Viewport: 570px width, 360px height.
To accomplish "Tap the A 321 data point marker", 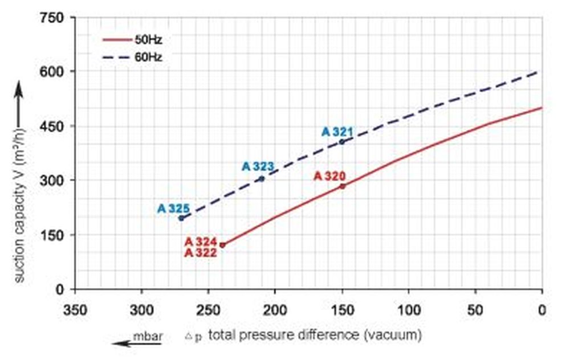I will [342, 141].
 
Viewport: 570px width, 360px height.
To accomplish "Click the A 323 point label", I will [258, 166].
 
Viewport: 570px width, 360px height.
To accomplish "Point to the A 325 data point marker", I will [181, 218].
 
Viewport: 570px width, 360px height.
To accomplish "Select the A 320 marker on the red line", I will [342, 186].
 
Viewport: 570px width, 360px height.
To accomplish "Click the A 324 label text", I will [201, 242].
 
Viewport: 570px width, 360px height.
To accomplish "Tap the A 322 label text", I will [201, 253].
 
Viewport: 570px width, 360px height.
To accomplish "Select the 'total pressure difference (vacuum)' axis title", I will [315, 335].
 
